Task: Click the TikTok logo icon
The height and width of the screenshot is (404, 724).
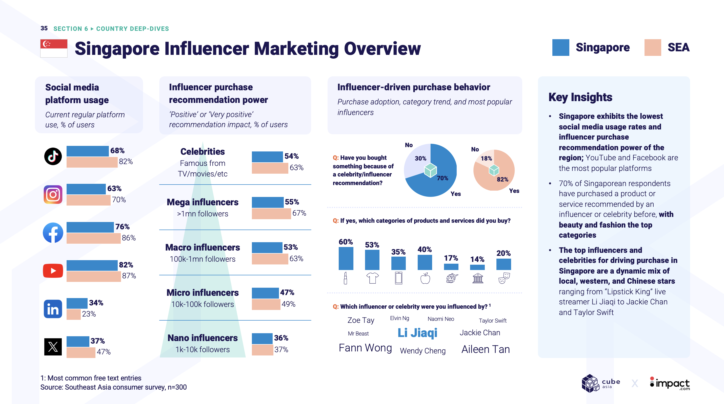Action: point(53,156)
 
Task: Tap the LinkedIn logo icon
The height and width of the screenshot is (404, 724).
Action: point(53,309)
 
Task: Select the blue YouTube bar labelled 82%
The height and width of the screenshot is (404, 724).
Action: point(92,265)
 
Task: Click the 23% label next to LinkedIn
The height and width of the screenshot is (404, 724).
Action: point(89,314)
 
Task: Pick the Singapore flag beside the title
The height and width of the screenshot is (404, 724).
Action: point(54,48)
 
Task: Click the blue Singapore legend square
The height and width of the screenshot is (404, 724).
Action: point(560,48)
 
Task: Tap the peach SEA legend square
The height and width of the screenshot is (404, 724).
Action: point(652,48)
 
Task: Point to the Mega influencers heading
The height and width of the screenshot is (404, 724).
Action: point(202,202)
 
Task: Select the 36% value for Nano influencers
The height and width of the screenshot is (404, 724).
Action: point(281,338)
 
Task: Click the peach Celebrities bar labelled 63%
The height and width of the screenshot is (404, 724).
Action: point(270,168)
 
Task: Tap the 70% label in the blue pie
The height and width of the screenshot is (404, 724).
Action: point(443,178)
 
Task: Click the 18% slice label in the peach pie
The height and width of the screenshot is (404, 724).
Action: point(486,158)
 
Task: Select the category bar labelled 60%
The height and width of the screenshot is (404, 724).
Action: point(346,258)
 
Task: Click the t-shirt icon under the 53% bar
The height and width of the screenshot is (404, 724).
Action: point(372,278)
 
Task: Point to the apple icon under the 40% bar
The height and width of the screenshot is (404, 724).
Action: point(425,278)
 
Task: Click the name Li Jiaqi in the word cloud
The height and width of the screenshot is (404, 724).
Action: point(417,333)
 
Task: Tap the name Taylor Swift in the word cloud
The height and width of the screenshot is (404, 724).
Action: point(492,321)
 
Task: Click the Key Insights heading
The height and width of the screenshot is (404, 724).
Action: point(580,97)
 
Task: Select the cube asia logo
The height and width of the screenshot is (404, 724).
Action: point(601,383)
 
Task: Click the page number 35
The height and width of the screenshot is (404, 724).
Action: point(44,28)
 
